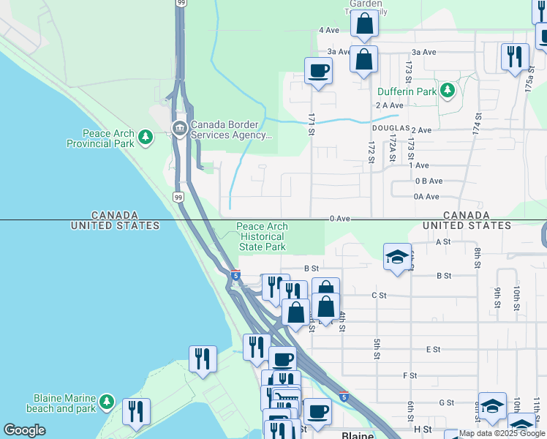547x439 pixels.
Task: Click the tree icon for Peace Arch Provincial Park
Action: coord(146,137)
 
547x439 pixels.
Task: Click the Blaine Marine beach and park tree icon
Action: coord(107,402)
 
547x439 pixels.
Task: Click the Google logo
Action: coord(24,430)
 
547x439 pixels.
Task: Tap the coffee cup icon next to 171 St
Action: coord(318,71)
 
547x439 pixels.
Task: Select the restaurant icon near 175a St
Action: coord(515,56)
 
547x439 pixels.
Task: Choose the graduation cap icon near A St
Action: coord(397,257)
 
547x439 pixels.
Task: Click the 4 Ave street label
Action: coord(329,30)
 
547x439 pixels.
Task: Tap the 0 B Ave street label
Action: coord(429,181)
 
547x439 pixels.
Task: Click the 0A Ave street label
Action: coord(426,197)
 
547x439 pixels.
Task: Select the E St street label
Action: coord(433,350)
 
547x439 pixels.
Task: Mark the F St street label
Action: coord(410,375)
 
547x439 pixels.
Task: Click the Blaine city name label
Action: coord(358,435)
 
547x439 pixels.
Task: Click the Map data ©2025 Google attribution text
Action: coord(502,433)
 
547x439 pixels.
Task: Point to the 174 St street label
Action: coord(478,121)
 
